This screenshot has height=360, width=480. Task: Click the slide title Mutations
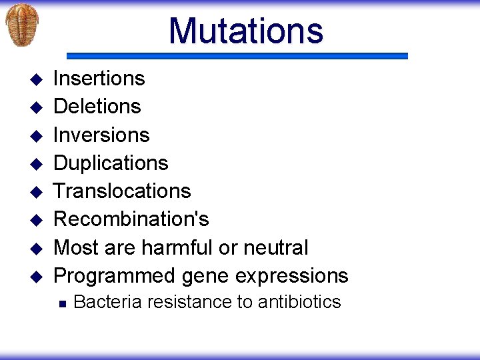(x=245, y=31)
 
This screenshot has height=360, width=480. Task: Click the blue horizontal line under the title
(x=237, y=57)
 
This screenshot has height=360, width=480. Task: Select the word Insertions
(x=99, y=79)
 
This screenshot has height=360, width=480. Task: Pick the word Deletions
(x=97, y=107)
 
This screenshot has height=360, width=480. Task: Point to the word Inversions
(x=101, y=135)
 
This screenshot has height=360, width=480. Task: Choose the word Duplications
(x=111, y=163)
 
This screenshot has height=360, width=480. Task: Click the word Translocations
(x=122, y=191)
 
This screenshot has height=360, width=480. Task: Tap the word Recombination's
(x=131, y=219)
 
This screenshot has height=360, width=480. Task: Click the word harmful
(x=177, y=248)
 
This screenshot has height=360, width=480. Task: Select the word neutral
(x=275, y=248)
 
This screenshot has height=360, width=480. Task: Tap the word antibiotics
(x=299, y=303)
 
